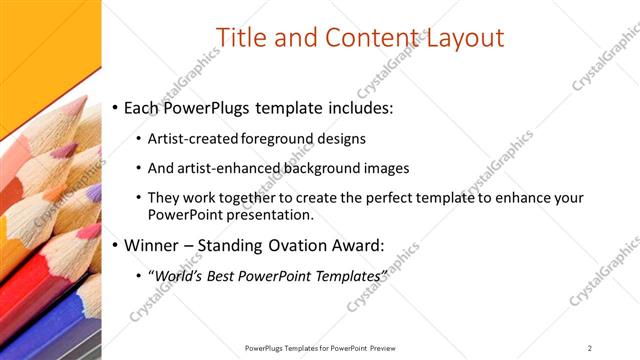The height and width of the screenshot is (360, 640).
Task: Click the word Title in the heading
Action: click(x=242, y=38)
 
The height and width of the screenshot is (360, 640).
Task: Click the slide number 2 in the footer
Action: click(x=590, y=348)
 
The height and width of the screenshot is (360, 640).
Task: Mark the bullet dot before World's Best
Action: click(x=138, y=276)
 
